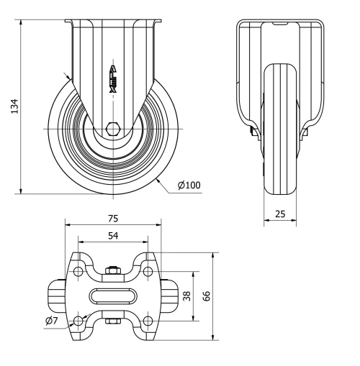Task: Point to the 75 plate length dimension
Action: pyautogui.click(x=113, y=218)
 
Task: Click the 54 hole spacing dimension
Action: pyautogui.click(x=113, y=236)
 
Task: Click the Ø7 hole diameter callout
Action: pyautogui.click(x=51, y=321)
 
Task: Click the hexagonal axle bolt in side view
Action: pyautogui.click(x=112, y=129)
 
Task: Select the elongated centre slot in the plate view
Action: pyautogui.click(x=112, y=296)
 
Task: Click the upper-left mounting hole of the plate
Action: pyautogui.click(x=78, y=271)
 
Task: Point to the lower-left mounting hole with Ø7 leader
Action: pyautogui.click(x=78, y=320)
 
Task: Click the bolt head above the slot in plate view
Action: pyautogui.click(x=112, y=271)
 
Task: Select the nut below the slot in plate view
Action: pyautogui.click(x=112, y=321)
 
